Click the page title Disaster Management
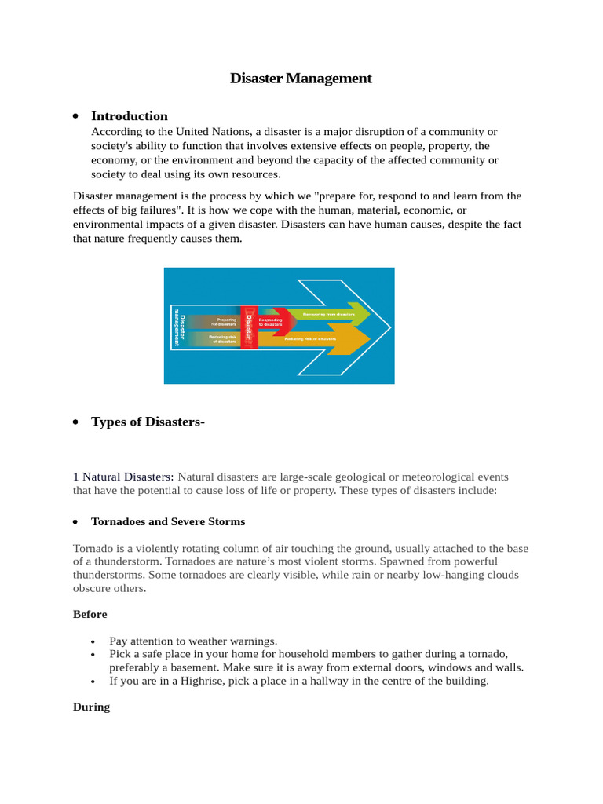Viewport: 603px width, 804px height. pyautogui.click(x=301, y=79)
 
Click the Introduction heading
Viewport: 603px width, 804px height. pyautogui.click(x=130, y=115)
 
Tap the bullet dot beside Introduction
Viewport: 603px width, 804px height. pyautogui.click(x=75, y=116)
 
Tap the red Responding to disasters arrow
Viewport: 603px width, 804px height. pyautogui.click(x=272, y=321)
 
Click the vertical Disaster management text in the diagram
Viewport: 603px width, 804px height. pyautogui.click(x=179, y=326)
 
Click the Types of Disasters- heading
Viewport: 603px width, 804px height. pyautogui.click(x=148, y=422)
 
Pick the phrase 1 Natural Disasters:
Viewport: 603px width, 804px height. pyautogui.click(x=123, y=477)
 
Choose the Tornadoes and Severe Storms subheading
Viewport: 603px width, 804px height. pyautogui.click(x=168, y=521)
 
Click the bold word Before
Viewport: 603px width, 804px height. pyautogui.click(x=90, y=614)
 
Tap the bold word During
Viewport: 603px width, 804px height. pyautogui.click(x=91, y=707)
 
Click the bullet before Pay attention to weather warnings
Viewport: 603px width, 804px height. pyautogui.click(x=93, y=641)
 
